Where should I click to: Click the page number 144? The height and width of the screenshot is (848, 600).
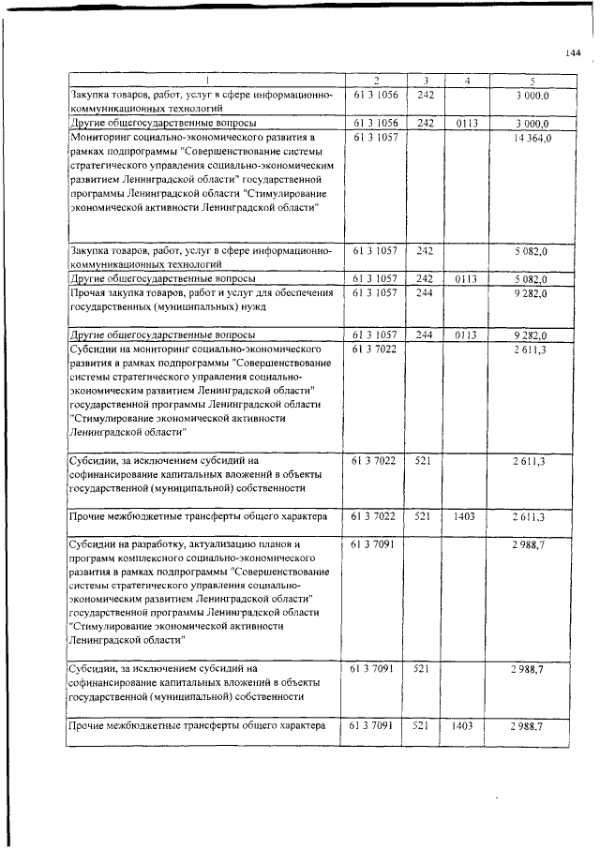pos(574,52)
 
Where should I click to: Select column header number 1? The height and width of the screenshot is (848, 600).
pos(207,82)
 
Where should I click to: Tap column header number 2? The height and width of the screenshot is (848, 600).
pos(375,82)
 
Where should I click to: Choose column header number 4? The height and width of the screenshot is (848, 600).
pos(466,82)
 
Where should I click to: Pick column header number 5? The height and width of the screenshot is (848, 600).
pos(532,82)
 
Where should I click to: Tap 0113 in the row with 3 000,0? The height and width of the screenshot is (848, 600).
pos(466,123)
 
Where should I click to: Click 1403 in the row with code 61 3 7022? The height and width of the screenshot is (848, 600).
pos(466,516)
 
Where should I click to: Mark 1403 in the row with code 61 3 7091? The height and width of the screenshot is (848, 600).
pos(466,726)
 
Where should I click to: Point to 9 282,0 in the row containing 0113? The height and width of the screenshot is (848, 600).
pos(530,335)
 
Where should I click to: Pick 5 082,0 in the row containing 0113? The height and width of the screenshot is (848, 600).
pos(530,279)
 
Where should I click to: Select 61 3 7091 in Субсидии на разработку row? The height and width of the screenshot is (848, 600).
pos(375,543)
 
